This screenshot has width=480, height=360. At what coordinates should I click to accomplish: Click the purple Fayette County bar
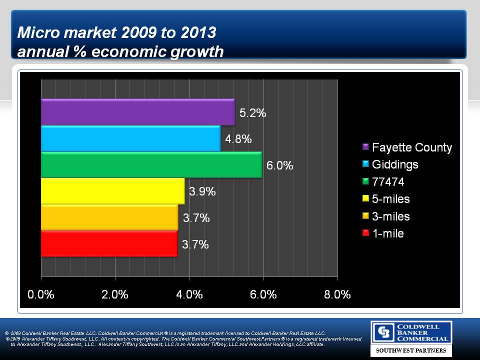137,112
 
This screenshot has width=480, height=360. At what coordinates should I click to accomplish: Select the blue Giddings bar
130,138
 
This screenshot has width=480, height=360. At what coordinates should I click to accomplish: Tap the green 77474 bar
151,165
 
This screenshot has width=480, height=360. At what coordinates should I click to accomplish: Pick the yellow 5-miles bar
112,191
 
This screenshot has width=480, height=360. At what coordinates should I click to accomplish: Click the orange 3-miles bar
109,217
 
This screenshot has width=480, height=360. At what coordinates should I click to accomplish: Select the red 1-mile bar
109,244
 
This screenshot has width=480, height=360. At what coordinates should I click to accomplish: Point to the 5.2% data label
252,113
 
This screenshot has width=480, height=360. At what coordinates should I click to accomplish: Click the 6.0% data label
279,165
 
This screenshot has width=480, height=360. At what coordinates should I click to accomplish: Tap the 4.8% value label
238,139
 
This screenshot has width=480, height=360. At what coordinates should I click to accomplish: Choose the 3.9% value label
202,191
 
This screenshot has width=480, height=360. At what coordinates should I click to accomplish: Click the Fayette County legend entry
411,147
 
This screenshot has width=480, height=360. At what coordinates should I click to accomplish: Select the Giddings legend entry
395,164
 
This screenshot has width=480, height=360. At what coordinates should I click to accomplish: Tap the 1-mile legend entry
387,233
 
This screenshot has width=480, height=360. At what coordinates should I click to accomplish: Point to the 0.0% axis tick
41,294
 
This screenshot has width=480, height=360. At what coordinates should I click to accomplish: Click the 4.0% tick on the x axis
189,294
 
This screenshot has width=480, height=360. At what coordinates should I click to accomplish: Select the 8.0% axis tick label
337,294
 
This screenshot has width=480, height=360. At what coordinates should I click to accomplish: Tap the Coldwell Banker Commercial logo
411,332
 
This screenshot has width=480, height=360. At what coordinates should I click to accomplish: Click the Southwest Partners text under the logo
411,350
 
